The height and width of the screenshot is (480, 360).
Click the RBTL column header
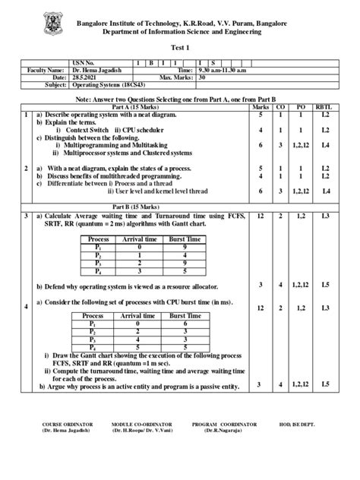[324, 108]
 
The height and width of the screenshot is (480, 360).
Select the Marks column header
[261, 108]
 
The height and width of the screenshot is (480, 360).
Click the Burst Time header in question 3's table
[186, 238]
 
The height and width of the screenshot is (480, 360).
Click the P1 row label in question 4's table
[92, 323]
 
